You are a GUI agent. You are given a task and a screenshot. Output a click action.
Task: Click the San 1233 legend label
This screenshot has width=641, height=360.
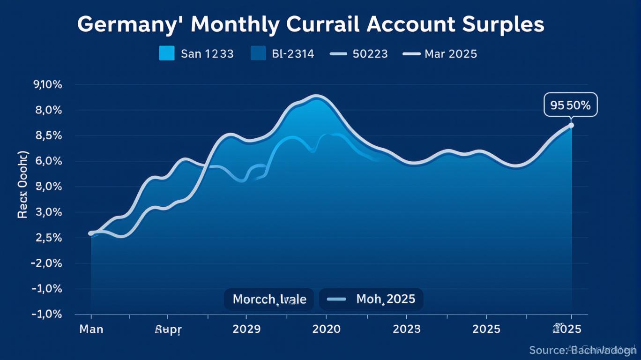(207, 54)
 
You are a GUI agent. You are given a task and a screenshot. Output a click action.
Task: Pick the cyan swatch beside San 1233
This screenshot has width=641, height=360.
(166, 53)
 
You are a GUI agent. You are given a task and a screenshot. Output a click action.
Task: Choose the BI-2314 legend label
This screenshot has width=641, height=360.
(292, 54)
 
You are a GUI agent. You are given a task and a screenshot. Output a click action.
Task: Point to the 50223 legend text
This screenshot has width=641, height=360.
(370, 54)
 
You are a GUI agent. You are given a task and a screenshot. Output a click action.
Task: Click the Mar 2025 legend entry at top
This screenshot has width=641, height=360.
(450, 54)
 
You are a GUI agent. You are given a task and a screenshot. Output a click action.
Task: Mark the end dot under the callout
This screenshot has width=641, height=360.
(571, 125)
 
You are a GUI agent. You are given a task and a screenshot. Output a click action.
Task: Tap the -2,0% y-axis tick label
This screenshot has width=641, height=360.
(46, 263)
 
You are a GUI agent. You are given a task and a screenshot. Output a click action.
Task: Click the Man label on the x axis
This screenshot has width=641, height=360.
(91, 329)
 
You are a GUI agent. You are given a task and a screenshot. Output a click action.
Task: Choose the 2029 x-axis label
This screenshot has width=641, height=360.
(246, 329)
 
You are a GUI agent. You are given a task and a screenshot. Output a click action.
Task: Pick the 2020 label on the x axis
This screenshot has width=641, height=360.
(326, 329)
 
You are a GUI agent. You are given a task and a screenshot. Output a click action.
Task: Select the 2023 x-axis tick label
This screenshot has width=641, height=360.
(407, 329)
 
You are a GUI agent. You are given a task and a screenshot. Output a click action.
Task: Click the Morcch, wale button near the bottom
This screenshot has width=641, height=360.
(269, 299)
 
